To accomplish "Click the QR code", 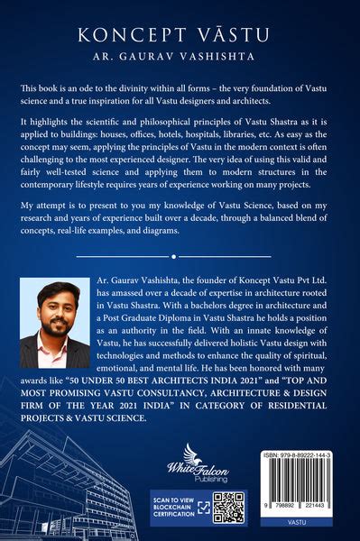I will click(228, 509).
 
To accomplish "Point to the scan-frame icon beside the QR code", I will click(206, 509).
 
